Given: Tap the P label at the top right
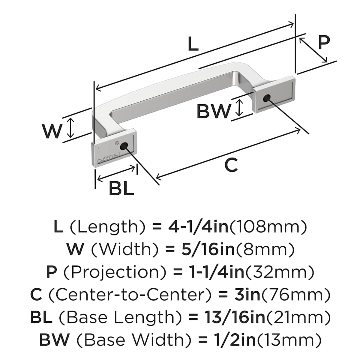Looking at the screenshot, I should click(x=324, y=42).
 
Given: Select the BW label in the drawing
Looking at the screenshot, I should click(x=214, y=111).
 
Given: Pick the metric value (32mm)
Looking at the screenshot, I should click(x=280, y=272).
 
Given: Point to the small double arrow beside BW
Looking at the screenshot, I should click(x=239, y=108).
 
